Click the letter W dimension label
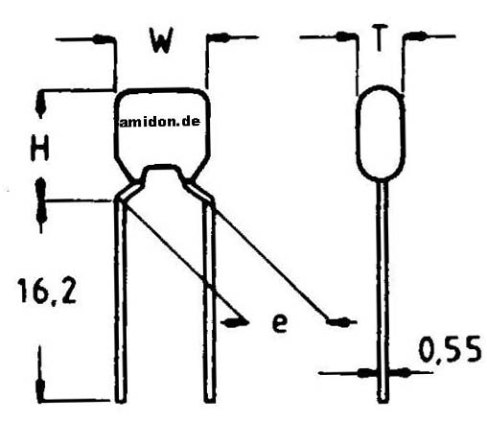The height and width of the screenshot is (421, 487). click(162, 40)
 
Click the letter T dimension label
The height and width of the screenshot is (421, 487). click(380, 38)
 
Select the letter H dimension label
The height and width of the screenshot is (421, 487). click(40, 148)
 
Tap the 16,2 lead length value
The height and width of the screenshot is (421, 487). click(47, 291)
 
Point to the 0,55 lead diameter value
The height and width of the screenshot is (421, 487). click(450, 349)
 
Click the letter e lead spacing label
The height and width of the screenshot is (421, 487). click(280, 322)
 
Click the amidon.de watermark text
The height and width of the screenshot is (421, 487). click(160, 122)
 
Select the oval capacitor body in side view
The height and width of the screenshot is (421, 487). click(380, 131)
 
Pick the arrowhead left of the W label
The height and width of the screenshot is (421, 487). click(103, 39)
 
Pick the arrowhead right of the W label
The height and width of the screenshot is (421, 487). click(220, 37)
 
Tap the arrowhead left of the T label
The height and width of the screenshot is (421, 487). click(344, 36)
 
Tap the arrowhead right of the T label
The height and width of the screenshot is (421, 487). click(417, 36)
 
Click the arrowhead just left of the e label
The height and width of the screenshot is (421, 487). click(236, 322)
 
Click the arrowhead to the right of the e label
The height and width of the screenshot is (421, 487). click(338, 321)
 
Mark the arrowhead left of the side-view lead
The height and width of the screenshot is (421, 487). click(366, 373)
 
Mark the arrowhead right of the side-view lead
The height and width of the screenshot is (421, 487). click(399, 372)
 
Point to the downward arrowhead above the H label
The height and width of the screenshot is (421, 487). click(40, 106)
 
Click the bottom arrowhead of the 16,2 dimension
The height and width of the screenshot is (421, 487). click(40, 390)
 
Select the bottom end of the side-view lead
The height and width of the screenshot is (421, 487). click(383, 401)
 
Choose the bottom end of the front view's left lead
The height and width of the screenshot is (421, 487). click(121, 401)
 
